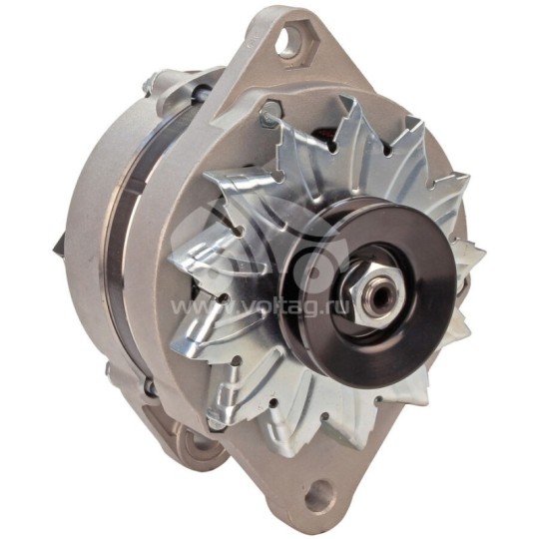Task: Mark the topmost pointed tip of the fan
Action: coord(345,98)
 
